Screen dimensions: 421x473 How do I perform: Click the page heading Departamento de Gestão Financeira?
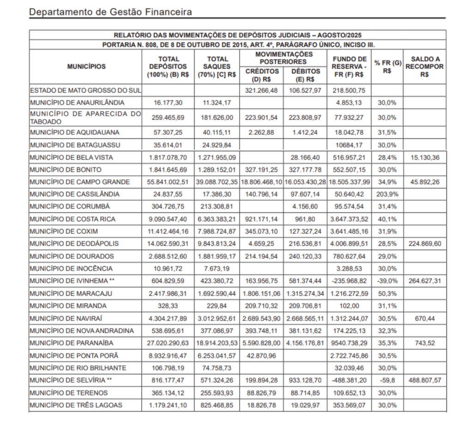[110, 12]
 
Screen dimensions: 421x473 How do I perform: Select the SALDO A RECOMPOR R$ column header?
[424, 66]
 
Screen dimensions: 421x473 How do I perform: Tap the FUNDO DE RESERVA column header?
[349, 66]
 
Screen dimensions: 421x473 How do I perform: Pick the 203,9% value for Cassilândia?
[387, 194]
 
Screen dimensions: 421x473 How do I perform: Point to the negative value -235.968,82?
[349, 281]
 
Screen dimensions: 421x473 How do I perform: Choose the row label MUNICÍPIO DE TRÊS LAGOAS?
[76, 405]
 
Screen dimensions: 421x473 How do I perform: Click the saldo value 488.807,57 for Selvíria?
[424, 380]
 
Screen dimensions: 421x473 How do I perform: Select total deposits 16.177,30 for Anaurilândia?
[168, 102]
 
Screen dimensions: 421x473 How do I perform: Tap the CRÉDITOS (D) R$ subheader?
[262, 75]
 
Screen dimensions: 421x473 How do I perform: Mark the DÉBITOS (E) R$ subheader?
[305, 75]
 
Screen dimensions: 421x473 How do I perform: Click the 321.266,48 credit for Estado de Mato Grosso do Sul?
[262, 90]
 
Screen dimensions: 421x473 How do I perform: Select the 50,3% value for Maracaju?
[387, 294]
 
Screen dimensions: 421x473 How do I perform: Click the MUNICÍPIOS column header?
[86, 66]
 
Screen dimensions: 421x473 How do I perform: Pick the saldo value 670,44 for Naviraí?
[424, 319]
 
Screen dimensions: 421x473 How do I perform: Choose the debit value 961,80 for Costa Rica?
[305, 219]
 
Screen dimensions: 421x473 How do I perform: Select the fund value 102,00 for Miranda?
[349, 306]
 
